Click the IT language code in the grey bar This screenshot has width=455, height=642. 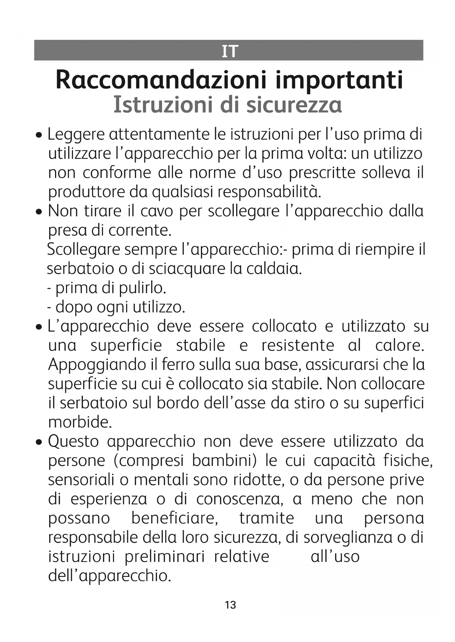230,51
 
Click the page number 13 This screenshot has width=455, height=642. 230,605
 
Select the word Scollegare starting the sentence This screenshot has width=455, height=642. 83,250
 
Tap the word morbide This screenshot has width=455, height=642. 80,422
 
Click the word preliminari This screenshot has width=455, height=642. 164,556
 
